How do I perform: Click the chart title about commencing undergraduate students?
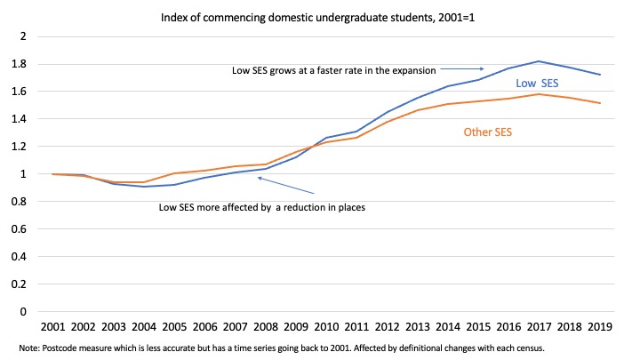(320, 16)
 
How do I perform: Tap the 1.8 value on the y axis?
(19, 64)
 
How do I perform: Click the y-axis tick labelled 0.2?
(19, 284)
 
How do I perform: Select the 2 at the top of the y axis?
(23, 36)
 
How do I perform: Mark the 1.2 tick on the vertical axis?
(19, 147)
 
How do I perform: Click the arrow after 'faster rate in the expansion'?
(469, 68)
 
